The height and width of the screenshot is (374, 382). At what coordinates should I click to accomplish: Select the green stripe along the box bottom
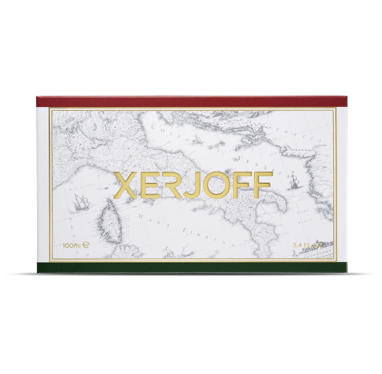191,268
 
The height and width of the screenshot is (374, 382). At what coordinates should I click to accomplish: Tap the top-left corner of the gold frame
49,108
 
